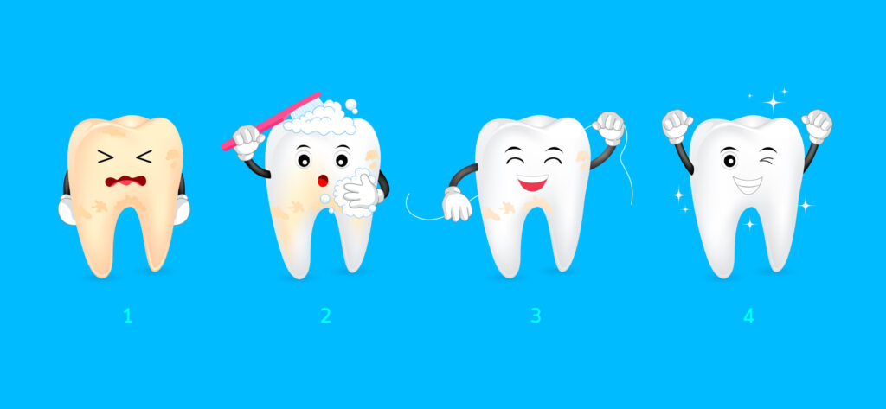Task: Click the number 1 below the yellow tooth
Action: (128, 316)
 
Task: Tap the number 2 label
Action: (325, 316)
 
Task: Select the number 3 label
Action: (536, 316)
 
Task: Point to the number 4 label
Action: (748, 316)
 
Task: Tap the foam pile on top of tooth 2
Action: (321, 118)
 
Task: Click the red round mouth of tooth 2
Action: (323, 181)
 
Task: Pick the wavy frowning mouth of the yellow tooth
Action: (125, 181)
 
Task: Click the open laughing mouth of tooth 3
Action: (532, 182)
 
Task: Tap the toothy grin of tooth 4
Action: (748, 185)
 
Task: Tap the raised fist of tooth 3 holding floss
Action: (608, 129)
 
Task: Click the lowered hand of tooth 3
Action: (457, 204)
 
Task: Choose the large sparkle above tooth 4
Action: (773, 102)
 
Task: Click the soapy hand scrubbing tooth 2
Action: (358, 192)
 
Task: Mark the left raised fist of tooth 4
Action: (677, 126)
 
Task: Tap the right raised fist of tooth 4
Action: (817, 126)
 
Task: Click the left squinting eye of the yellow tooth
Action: (105, 157)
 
